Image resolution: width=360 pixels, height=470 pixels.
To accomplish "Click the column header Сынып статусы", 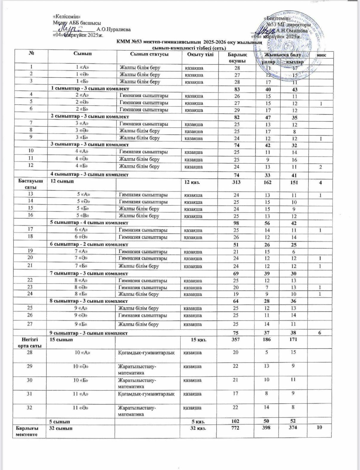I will (149, 54).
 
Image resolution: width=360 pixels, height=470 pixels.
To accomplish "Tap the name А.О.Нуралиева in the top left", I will (113, 30).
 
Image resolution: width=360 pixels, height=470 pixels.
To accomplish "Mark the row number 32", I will (30, 407).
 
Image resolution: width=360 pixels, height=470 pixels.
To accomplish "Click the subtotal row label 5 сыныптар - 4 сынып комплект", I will (89, 223).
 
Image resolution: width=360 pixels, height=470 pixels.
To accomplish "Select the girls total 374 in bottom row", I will (293, 428).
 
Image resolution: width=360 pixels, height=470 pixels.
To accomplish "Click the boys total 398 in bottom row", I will (267, 428).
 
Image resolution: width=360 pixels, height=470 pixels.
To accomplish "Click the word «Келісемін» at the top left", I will (66, 17).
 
